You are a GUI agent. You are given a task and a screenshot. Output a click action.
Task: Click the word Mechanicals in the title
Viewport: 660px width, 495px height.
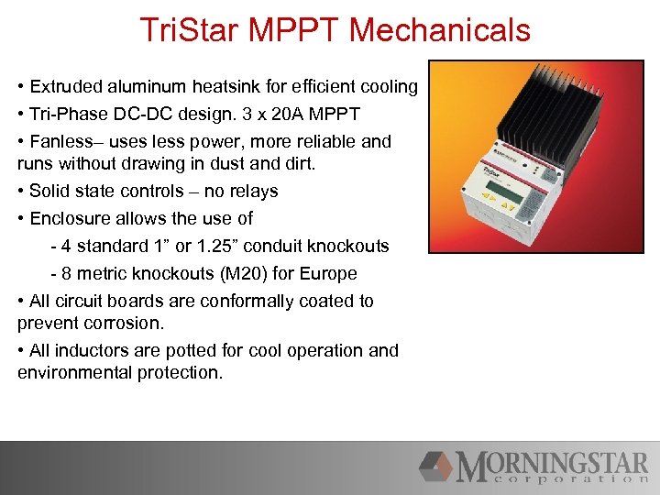click(439, 30)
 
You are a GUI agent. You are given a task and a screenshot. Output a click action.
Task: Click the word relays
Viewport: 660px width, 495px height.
click(252, 192)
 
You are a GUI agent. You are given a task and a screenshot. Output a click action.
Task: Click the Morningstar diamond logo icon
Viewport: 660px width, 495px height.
click(436, 466)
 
